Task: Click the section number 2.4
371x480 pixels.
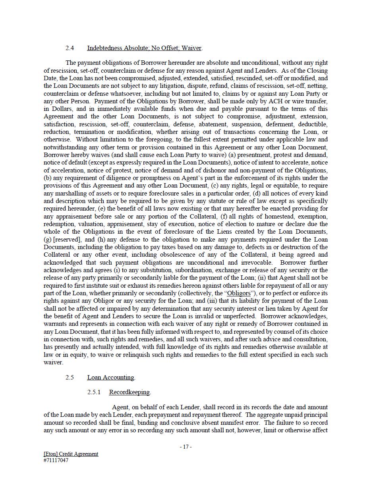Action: pos(70,48)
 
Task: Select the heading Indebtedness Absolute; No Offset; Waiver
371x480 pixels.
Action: pos(145,48)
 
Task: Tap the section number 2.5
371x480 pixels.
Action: pos(70,377)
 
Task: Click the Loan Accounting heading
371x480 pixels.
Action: pos(111,377)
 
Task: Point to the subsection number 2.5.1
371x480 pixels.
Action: pos(94,392)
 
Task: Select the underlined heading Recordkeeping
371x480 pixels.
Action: pos(129,392)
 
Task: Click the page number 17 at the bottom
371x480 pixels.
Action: pos(185,447)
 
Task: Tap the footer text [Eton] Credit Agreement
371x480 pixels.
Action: pos(71,454)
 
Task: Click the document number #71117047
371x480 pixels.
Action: pos(56,461)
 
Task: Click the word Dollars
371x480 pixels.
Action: pos(63,109)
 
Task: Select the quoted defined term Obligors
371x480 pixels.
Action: pos(239,293)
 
